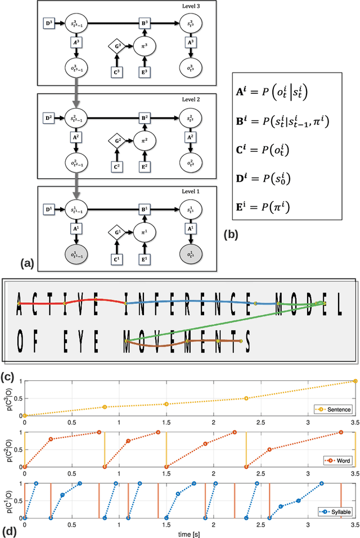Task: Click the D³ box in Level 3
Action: tap(48, 24)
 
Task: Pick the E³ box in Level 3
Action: tap(143, 71)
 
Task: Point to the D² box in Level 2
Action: tap(48, 119)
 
